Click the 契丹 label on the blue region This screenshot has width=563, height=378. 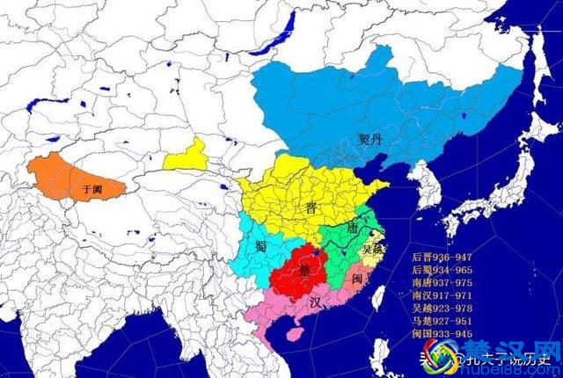click(x=370, y=138)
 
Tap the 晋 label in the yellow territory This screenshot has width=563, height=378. click(x=311, y=207)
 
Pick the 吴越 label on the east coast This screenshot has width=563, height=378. click(x=372, y=248)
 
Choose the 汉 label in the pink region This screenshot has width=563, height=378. click(x=315, y=301)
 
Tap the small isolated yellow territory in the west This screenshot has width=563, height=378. click(x=186, y=156)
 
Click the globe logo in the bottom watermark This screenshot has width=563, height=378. click(x=439, y=356)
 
